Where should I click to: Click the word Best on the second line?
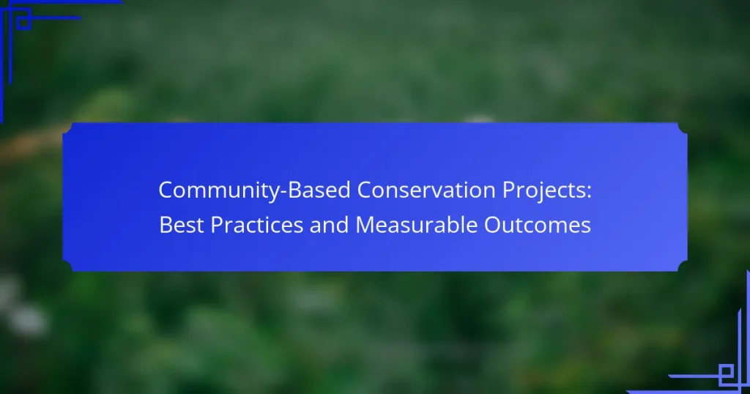click(x=182, y=225)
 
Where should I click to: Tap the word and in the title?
click(x=329, y=225)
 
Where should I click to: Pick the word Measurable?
click(x=416, y=225)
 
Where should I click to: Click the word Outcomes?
click(x=538, y=225)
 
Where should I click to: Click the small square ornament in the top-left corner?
click(x=23, y=23)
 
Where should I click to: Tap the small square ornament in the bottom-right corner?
click(x=726, y=371)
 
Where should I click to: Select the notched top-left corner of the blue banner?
click(x=67, y=127)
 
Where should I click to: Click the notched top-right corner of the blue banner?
click(x=683, y=127)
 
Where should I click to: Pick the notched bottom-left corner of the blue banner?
click(x=67, y=267)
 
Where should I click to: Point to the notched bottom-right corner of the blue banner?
click(x=683, y=267)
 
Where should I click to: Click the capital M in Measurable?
click(x=365, y=225)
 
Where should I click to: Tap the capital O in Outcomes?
click(x=492, y=225)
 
